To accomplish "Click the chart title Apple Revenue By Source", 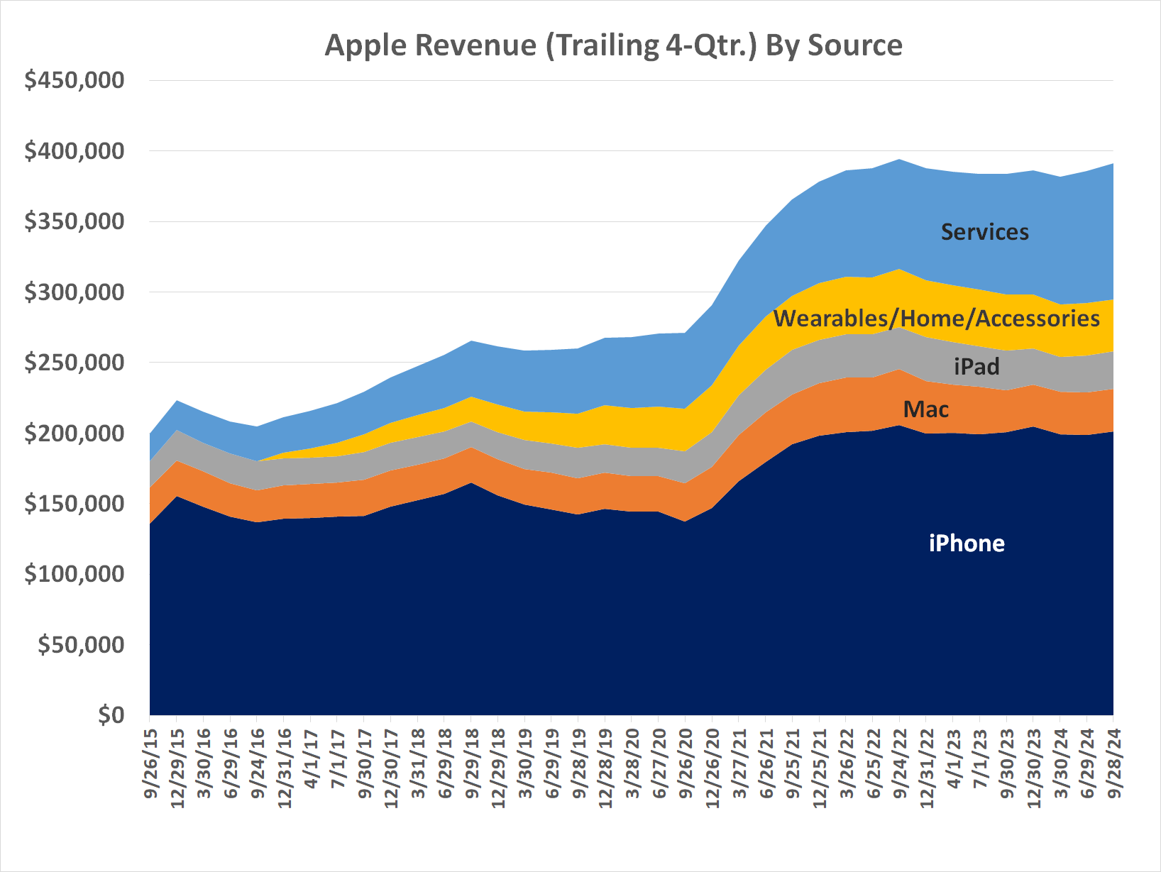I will click(613, 45).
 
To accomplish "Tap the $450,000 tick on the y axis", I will click(74, 80).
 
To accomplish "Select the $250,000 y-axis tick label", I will click(74, 363).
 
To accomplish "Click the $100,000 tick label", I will click(74, 574).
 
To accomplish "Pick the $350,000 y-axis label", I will click(74, 221).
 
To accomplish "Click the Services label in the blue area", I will click(984, 232).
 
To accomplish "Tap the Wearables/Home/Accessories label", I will click(936, 319).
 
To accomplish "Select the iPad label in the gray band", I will click(976, 366).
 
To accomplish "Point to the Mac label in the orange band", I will click(925, 409).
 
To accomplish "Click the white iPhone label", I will click(967, 543).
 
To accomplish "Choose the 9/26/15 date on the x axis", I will click(150, 763).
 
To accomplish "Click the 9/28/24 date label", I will click(1113, 763).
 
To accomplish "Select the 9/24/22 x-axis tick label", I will click(899, 763).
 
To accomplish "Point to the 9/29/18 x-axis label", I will click(471, 763).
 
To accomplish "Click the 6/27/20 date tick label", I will click(659, 763).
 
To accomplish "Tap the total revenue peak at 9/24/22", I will click(899, 160).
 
